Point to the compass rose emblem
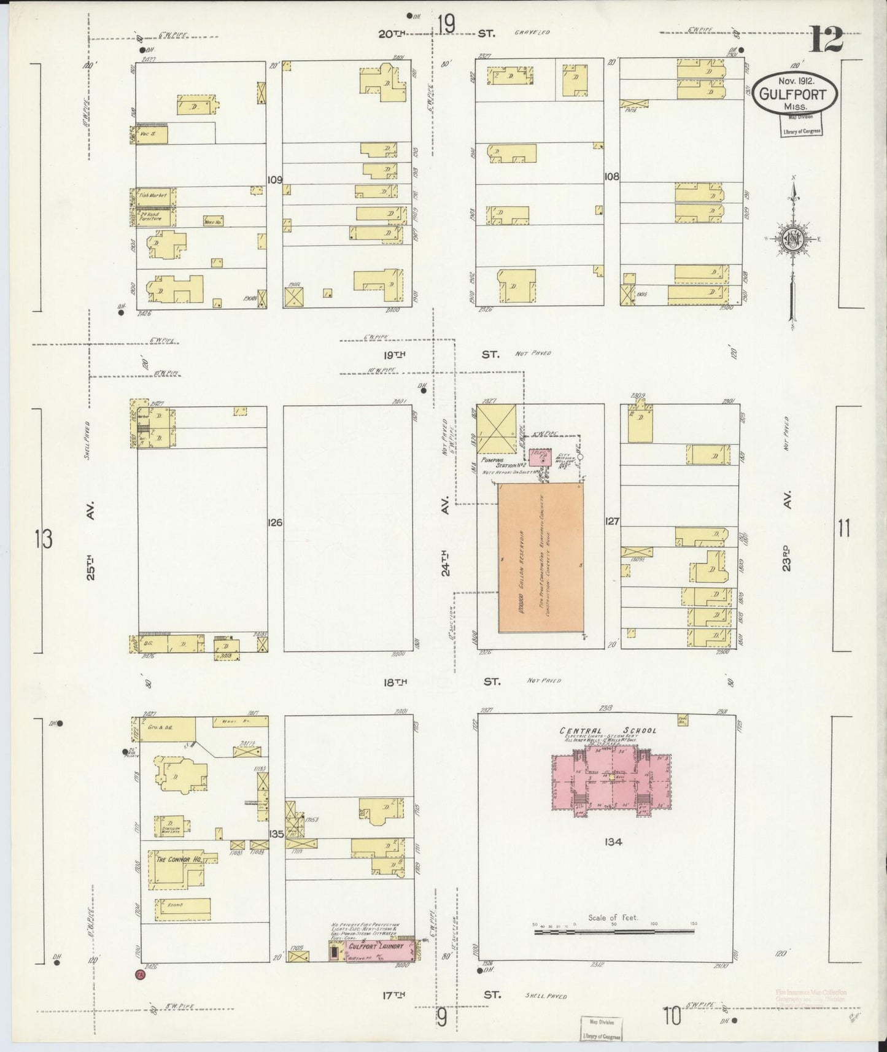point(793,239)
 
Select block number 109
point(274,180)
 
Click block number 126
point(274,523)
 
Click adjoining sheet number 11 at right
point(844,528)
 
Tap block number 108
point(611,177)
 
